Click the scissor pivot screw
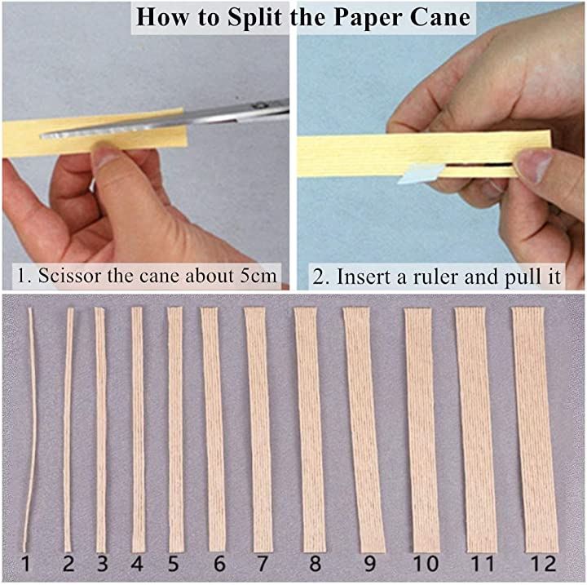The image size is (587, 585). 258,106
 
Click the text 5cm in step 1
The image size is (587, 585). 258,276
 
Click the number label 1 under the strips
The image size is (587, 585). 25,564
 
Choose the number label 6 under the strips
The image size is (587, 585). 219,564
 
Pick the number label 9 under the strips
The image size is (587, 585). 369,564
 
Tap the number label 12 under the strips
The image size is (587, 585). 543,564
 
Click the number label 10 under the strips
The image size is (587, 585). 426,564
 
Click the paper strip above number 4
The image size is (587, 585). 138,429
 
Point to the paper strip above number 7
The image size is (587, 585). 259,429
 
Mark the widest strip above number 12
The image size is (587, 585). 536,429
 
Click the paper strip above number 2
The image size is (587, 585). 68,429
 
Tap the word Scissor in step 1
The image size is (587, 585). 69,276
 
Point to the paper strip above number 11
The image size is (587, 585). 475,429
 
